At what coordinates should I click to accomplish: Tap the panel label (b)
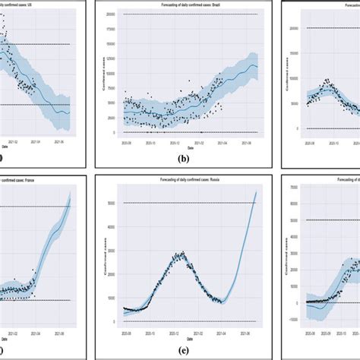coord(182,161)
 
